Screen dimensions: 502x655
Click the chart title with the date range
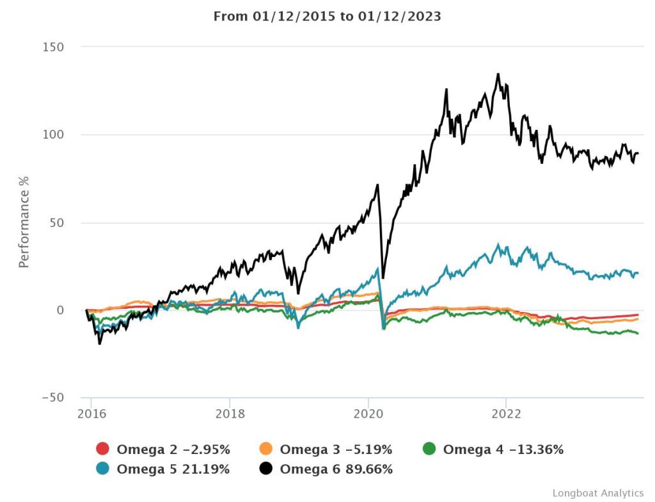[327, 17]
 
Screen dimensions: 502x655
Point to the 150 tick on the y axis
[52, 47]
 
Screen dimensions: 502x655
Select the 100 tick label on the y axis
[52, 135]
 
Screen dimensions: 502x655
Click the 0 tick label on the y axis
[61, 310]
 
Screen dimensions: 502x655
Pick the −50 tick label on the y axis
[52, 398]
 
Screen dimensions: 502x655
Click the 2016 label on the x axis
[91, 412]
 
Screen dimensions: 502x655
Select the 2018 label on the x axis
[229, 412]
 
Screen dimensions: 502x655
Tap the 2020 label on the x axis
[368, 412]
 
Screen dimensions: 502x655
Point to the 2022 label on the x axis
[506, 412]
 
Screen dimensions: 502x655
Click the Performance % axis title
[24, 223]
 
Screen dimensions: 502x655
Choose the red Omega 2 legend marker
[102, 450]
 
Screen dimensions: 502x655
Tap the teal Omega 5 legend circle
[102, 469]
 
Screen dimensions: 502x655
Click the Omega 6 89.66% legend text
[336, 469]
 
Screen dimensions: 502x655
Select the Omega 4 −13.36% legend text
[503, 450]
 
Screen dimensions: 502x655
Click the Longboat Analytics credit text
[597, 493]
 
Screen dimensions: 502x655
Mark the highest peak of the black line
[498, 74]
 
